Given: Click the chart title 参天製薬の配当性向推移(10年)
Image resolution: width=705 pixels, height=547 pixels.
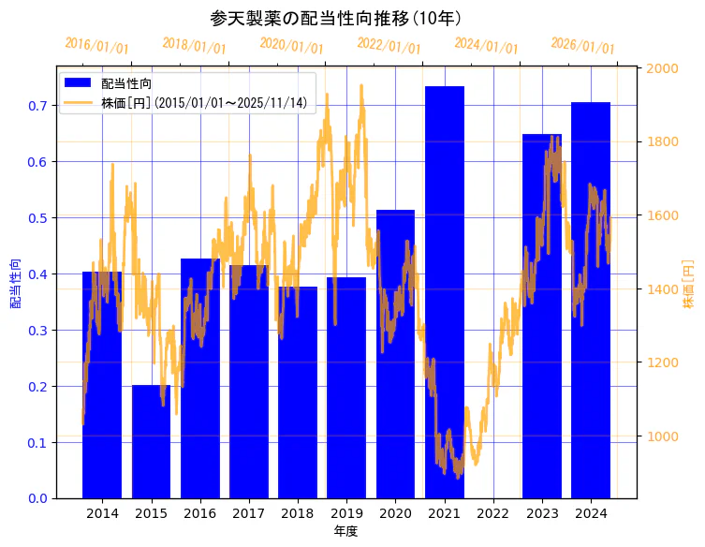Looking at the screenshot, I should point(335,19).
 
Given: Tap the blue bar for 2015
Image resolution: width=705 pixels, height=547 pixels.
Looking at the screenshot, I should point(151,440).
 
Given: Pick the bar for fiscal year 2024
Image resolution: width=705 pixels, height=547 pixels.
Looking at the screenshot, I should point(590,300).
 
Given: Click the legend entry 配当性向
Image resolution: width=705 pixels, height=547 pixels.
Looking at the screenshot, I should point(125,83).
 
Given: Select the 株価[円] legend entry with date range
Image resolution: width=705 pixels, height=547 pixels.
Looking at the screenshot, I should point(203,102).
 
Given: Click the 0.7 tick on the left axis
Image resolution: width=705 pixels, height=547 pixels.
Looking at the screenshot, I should point(37,106).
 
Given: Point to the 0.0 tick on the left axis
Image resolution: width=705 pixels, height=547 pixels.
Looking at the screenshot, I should point(37,498).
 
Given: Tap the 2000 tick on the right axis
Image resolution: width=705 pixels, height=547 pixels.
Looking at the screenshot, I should point(663,68).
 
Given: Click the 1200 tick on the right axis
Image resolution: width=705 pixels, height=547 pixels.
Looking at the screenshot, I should point(663,362).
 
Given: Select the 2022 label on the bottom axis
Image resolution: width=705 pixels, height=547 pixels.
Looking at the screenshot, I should point(492,514).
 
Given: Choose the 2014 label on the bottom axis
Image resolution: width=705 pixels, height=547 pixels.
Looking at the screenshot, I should point(102,514).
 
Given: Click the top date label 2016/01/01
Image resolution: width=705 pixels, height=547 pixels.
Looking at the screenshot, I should point(96,46).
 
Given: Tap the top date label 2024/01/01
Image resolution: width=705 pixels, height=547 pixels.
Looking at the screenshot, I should point(486,46).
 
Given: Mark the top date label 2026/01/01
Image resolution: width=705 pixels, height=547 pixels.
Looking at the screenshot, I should point(582,46).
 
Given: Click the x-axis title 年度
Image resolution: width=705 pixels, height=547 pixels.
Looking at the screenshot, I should point(345,531).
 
